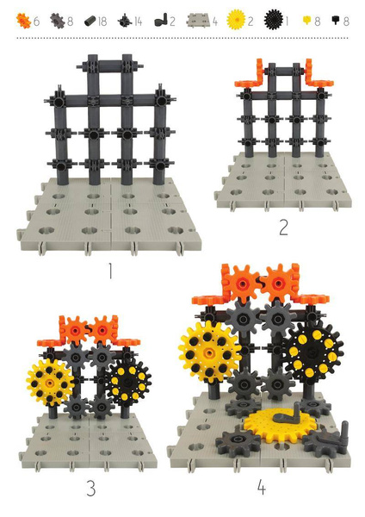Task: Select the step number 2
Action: tap(281, 228)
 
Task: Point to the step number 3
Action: tap(90, 489)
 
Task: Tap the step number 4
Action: tap(262, 489)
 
